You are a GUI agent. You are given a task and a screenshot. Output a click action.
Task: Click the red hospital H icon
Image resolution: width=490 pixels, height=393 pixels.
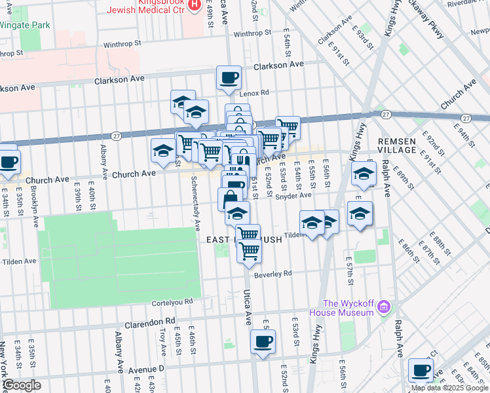tap(194, 5)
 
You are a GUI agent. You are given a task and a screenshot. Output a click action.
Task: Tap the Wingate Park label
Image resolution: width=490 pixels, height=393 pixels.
tap(24, 25)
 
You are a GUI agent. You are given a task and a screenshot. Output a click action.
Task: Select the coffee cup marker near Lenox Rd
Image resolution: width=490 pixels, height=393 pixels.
tap(229, 78)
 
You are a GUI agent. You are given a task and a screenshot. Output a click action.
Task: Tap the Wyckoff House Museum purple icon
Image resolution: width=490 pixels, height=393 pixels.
tap(385, 307)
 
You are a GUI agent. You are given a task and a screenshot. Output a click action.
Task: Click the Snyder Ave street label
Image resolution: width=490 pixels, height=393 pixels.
tap(293, 195)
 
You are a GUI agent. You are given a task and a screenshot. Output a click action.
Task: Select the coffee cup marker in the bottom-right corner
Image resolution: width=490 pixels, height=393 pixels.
tap(421, 369)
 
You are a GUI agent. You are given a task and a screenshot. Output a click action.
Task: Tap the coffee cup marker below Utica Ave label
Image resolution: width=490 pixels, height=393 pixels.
tap(263, 341)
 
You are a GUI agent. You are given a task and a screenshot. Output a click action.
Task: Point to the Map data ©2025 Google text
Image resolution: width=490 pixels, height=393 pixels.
tap(449, 388)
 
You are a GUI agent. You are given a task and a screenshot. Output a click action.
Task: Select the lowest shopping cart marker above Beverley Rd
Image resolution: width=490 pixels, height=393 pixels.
tap(249, 250)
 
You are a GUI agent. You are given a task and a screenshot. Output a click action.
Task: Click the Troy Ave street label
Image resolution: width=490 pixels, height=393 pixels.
tap(162, 341)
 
